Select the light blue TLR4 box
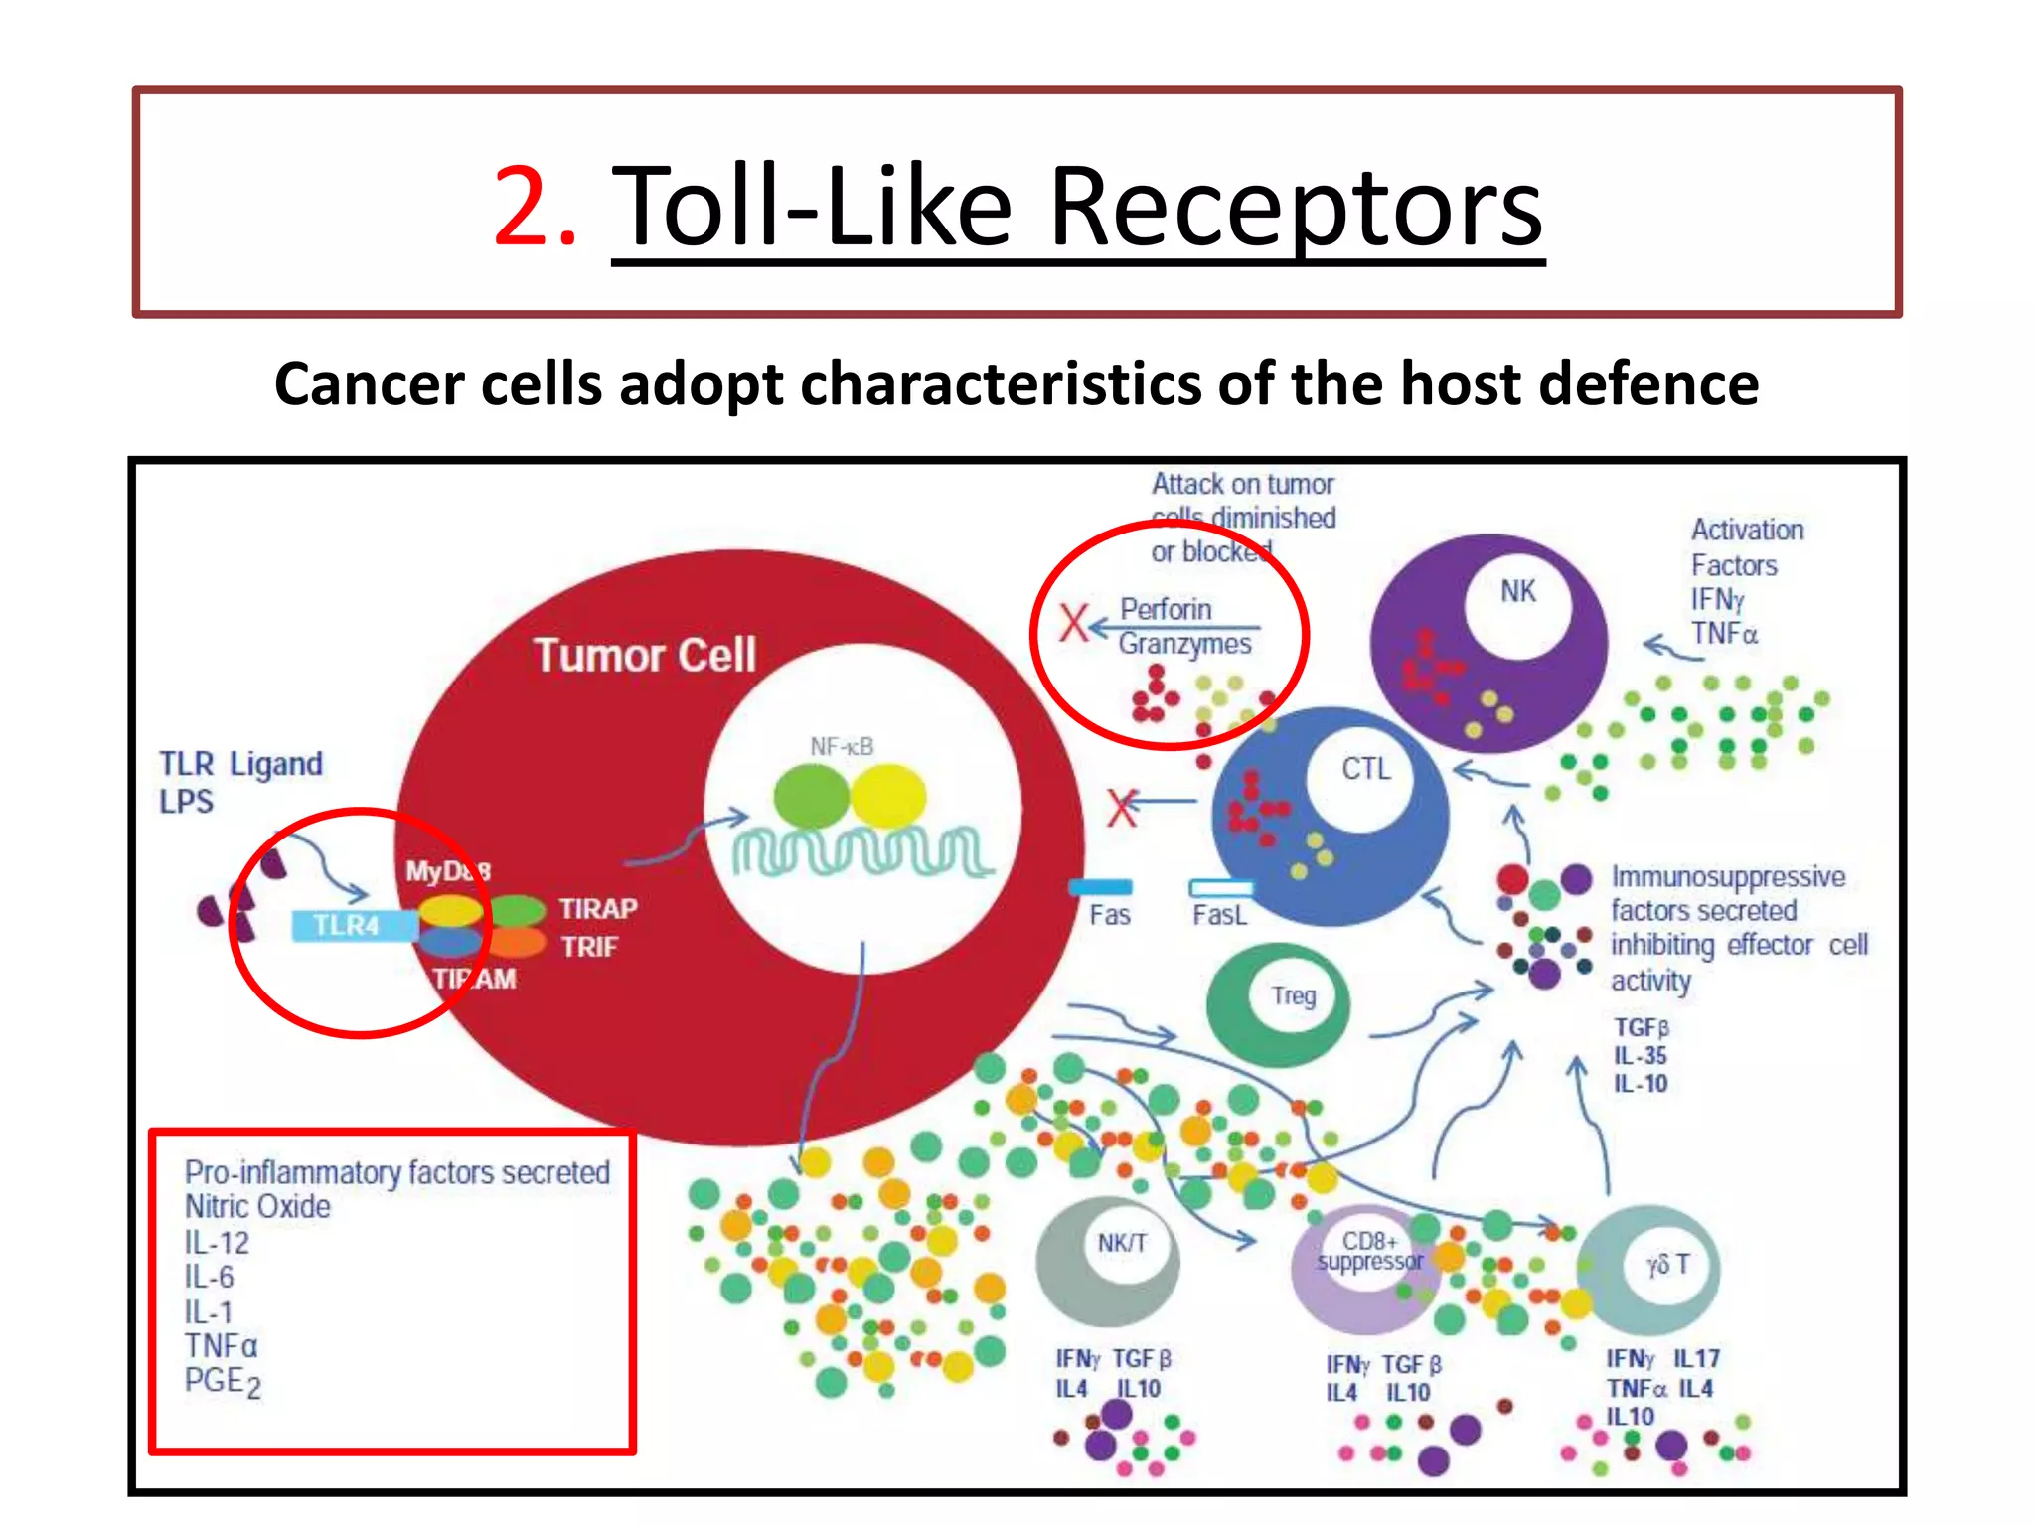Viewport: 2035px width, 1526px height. point(349,926)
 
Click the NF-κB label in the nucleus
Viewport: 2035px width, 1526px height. point(841,747)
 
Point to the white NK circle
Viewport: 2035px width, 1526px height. point(1517,598)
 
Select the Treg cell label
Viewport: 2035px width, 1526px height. point(1293,995)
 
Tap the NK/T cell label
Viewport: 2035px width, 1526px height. point(1122,1243)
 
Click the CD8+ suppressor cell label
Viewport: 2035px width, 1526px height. point(1370,1252)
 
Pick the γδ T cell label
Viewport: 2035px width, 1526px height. point(1667,1265)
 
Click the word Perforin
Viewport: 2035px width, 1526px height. point(1166,609)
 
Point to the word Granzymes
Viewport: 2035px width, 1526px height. point(1184,645)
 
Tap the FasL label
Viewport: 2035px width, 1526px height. point(1218,915)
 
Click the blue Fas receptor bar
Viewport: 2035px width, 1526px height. point(1100,887)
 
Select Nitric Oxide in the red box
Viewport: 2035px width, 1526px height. point(257,1207)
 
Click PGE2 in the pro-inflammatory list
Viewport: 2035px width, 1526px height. point(223,1382)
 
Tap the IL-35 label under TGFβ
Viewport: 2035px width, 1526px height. point(1641,1056)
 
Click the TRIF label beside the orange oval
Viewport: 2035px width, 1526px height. point(589,947)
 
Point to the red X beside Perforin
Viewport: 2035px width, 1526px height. point(1073,624)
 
